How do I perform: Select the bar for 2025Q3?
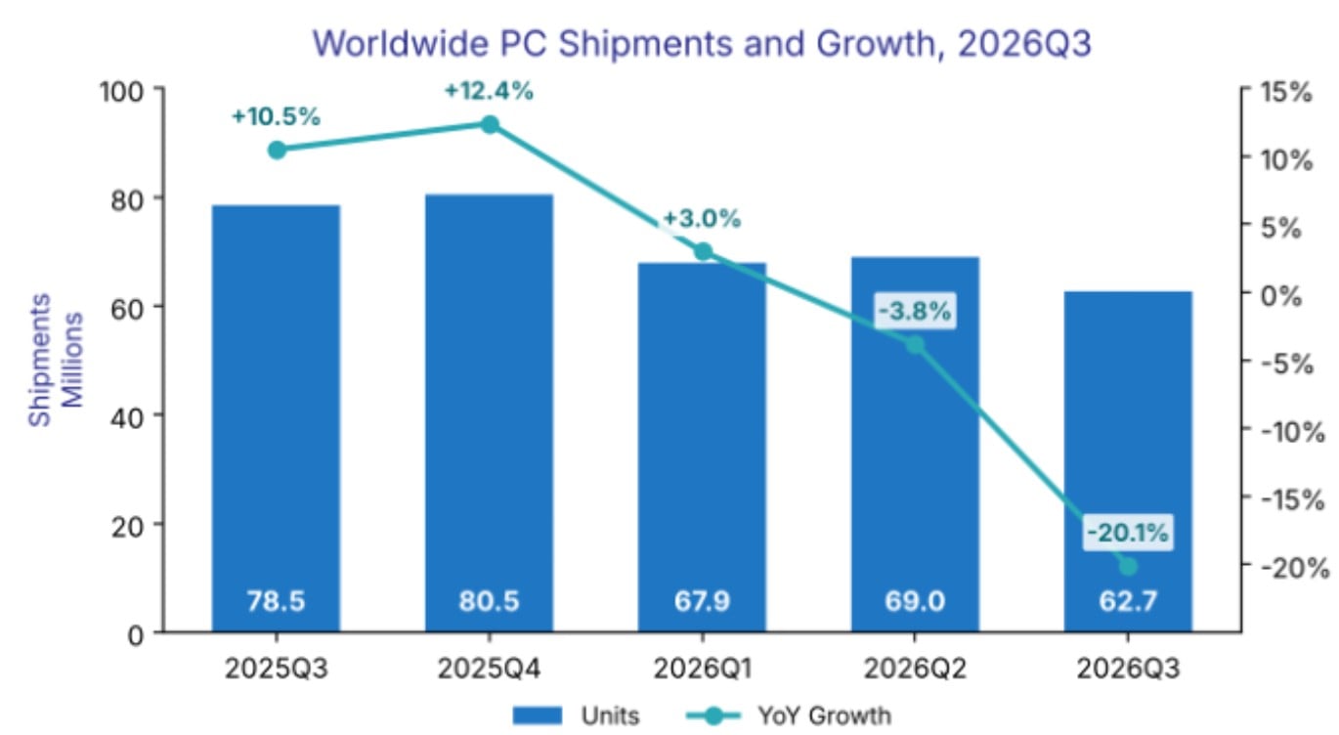277,418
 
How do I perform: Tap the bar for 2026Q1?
702,447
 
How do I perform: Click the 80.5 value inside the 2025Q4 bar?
489,601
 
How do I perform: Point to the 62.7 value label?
1128,601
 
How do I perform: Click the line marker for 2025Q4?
490,124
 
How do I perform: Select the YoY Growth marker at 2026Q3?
1128,566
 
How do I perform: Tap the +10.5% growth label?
277,116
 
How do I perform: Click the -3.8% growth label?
915,311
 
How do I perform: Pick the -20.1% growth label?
1127,533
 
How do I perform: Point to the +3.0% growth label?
702,219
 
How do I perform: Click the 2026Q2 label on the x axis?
915,669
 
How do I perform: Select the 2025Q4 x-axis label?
489,669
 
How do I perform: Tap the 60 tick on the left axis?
127,308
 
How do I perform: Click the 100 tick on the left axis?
122,92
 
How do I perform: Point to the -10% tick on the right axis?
1293,431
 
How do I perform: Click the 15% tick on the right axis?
1286,93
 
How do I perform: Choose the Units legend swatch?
538,715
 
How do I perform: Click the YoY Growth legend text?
824,715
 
